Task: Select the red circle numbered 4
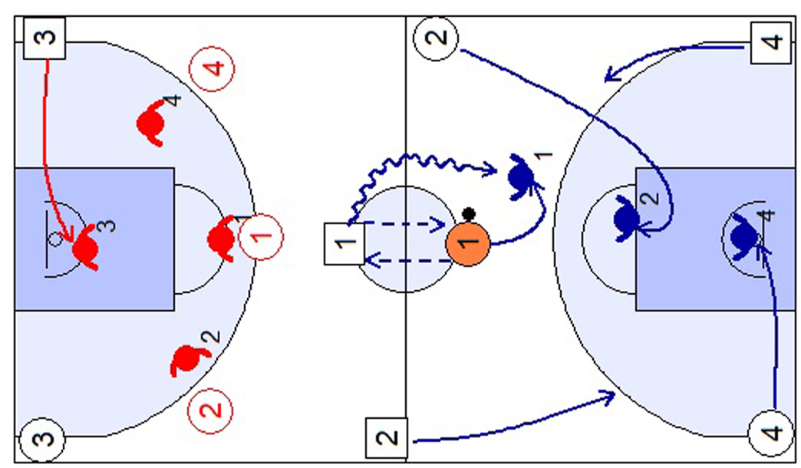(x=212, y=68)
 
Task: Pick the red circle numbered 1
(x=261, y=237)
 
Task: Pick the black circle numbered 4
(x=770, y=433)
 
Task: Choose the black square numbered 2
(x=388, y=439)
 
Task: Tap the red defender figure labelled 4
(x=152, y=120)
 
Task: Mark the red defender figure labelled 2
(x=187, y=360)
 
